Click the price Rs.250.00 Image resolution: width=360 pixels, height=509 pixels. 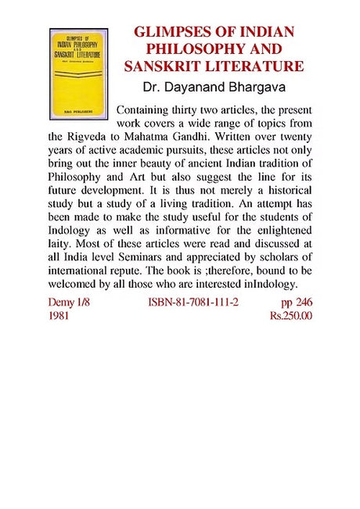point(290,315)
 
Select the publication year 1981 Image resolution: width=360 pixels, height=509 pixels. point(59,315)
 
